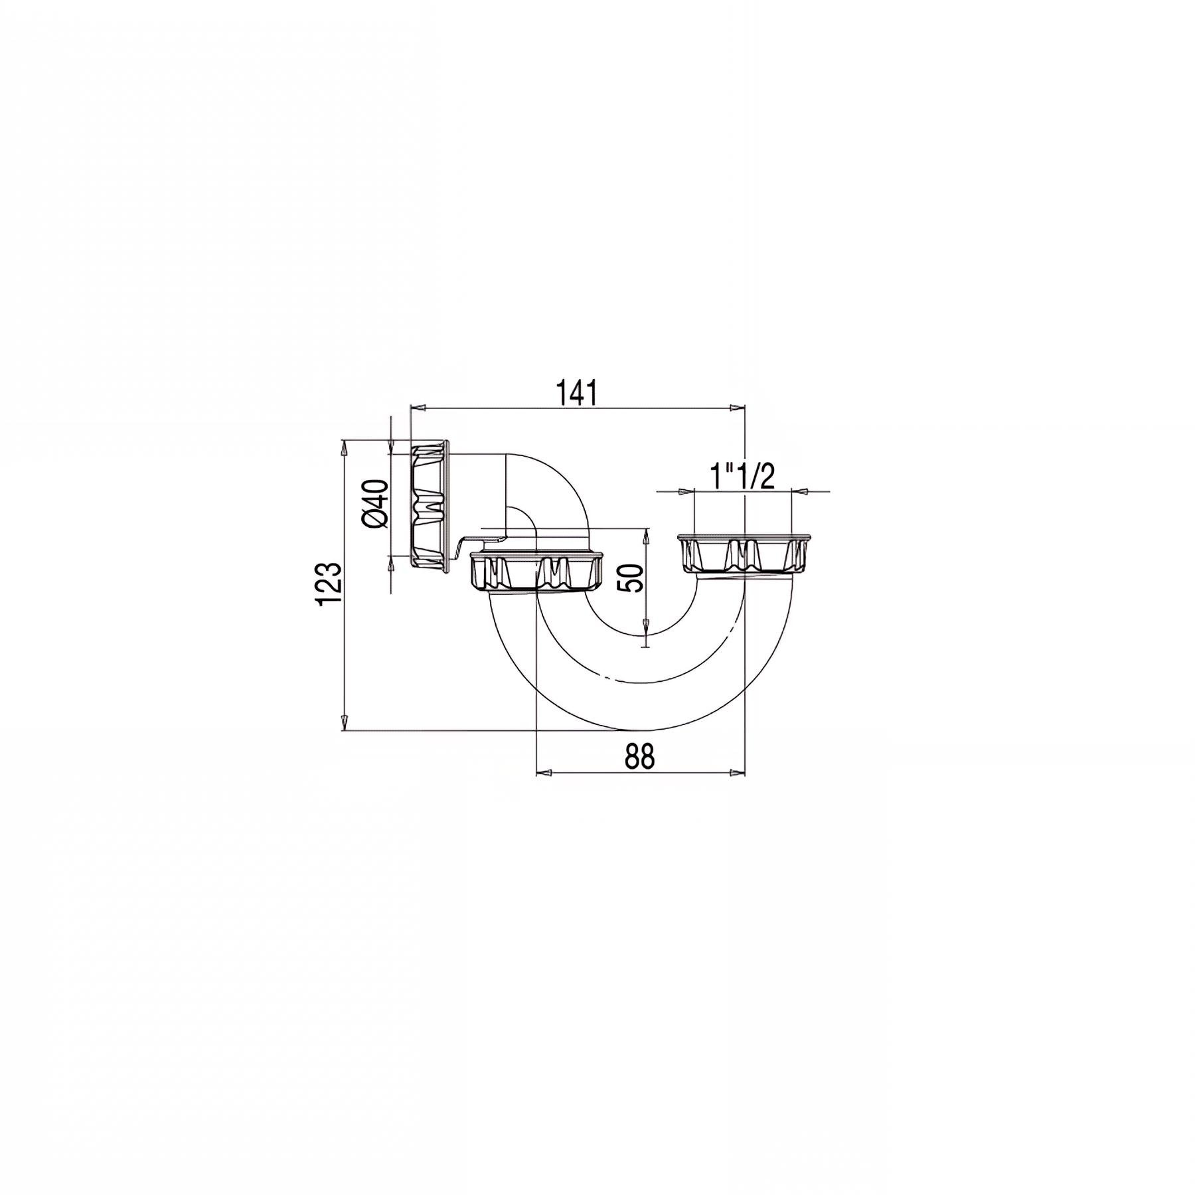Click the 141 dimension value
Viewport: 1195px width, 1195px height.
pyautogui.click(x=578, y=393)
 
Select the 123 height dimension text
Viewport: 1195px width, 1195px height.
pyautogui.click(x=330, y=584)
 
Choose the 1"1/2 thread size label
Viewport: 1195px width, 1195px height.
pyautogui.click(x=742, y=476)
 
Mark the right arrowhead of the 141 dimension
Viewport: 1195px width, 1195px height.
pyautogui.click(x=737, y=408)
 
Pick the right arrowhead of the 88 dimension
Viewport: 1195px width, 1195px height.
pyautogui.click(x=737, y=773)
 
